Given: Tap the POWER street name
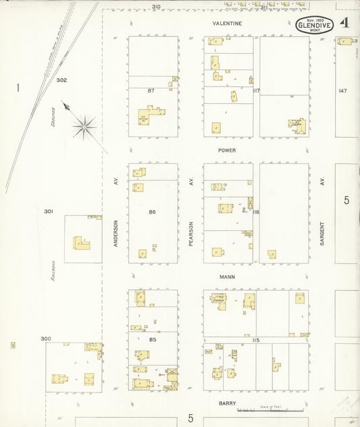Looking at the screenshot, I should pos(226,150).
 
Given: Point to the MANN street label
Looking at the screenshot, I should pos(226,277).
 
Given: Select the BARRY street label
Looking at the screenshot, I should pos(226,403).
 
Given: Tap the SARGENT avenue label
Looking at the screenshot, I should pos(323,232).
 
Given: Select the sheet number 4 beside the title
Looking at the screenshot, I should pos(345,23).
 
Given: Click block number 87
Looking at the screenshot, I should pos(152,90).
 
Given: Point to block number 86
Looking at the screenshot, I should pos(152,212).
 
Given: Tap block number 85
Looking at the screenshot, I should pos(152,339).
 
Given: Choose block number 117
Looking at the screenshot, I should pos(257,91).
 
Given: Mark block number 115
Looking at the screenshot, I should pos(256,339).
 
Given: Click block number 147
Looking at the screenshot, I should pos(342,91).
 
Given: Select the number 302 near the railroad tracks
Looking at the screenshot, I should pos(61,80).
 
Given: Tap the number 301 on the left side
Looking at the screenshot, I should pos(49,211).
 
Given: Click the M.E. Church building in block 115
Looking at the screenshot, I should pos(219,299).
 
